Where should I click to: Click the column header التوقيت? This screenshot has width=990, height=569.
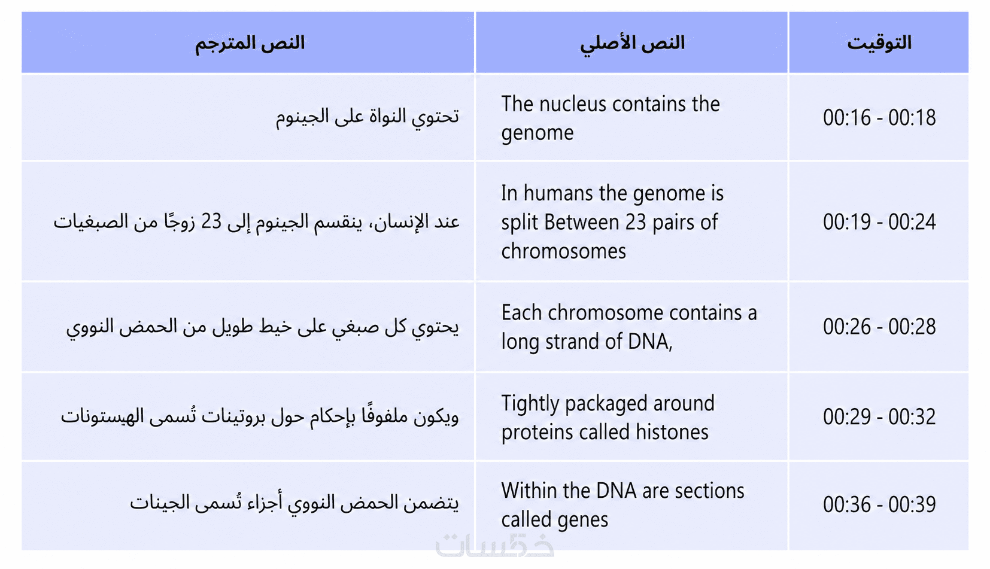[x=879, y=43]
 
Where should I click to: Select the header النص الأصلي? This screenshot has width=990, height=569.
[x=632, y=44]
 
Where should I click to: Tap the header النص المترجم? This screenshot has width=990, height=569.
[x=250, y=44]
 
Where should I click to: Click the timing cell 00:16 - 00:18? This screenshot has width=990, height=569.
[x=879, y=117]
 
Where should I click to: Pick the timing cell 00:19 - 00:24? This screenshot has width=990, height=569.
[x=879, y=222]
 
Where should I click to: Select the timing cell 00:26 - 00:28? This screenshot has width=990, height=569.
[x=879, y=327]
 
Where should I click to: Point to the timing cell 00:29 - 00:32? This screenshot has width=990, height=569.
[x=879, y=416]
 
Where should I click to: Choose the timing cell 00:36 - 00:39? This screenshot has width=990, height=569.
[x=879, y=504]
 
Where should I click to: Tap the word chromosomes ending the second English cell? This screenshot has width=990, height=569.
[x=563, y=251]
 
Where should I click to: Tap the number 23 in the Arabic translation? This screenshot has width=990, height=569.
[x=211, y=221]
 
